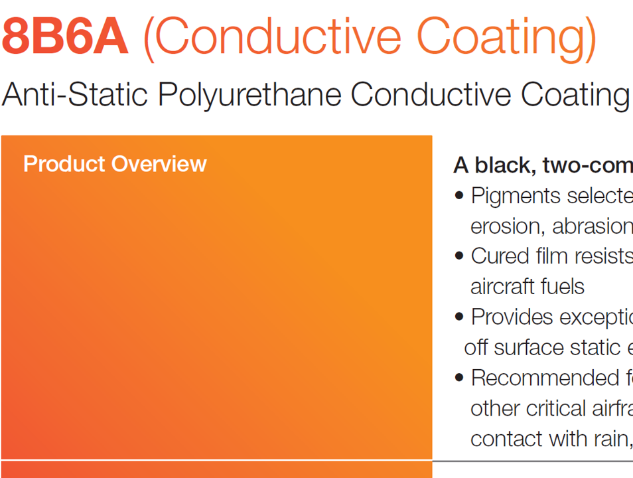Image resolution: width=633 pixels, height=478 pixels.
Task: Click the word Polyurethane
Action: pyautogui.click(x=249, y=95)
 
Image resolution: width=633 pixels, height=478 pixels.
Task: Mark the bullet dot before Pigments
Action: pyautogui.click(x=459, y=196)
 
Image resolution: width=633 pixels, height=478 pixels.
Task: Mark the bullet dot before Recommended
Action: pyautogui.click(x=459, y=378)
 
